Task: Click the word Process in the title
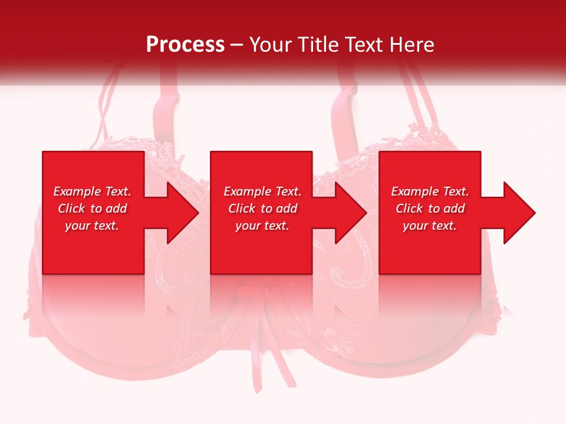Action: click(x=185, y=44)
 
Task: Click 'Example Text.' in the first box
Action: click(x=92, y=191)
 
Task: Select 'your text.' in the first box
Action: click(x=92, y=226)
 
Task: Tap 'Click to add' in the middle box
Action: click(x=262, y=208)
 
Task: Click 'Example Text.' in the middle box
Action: click(x=262, y=191)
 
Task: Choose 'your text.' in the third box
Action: click(x=430, y=226)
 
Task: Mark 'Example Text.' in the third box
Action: click(x=430, y=191)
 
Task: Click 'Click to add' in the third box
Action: click(x=430, y=208)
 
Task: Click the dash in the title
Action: click(x=236, y=45)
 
